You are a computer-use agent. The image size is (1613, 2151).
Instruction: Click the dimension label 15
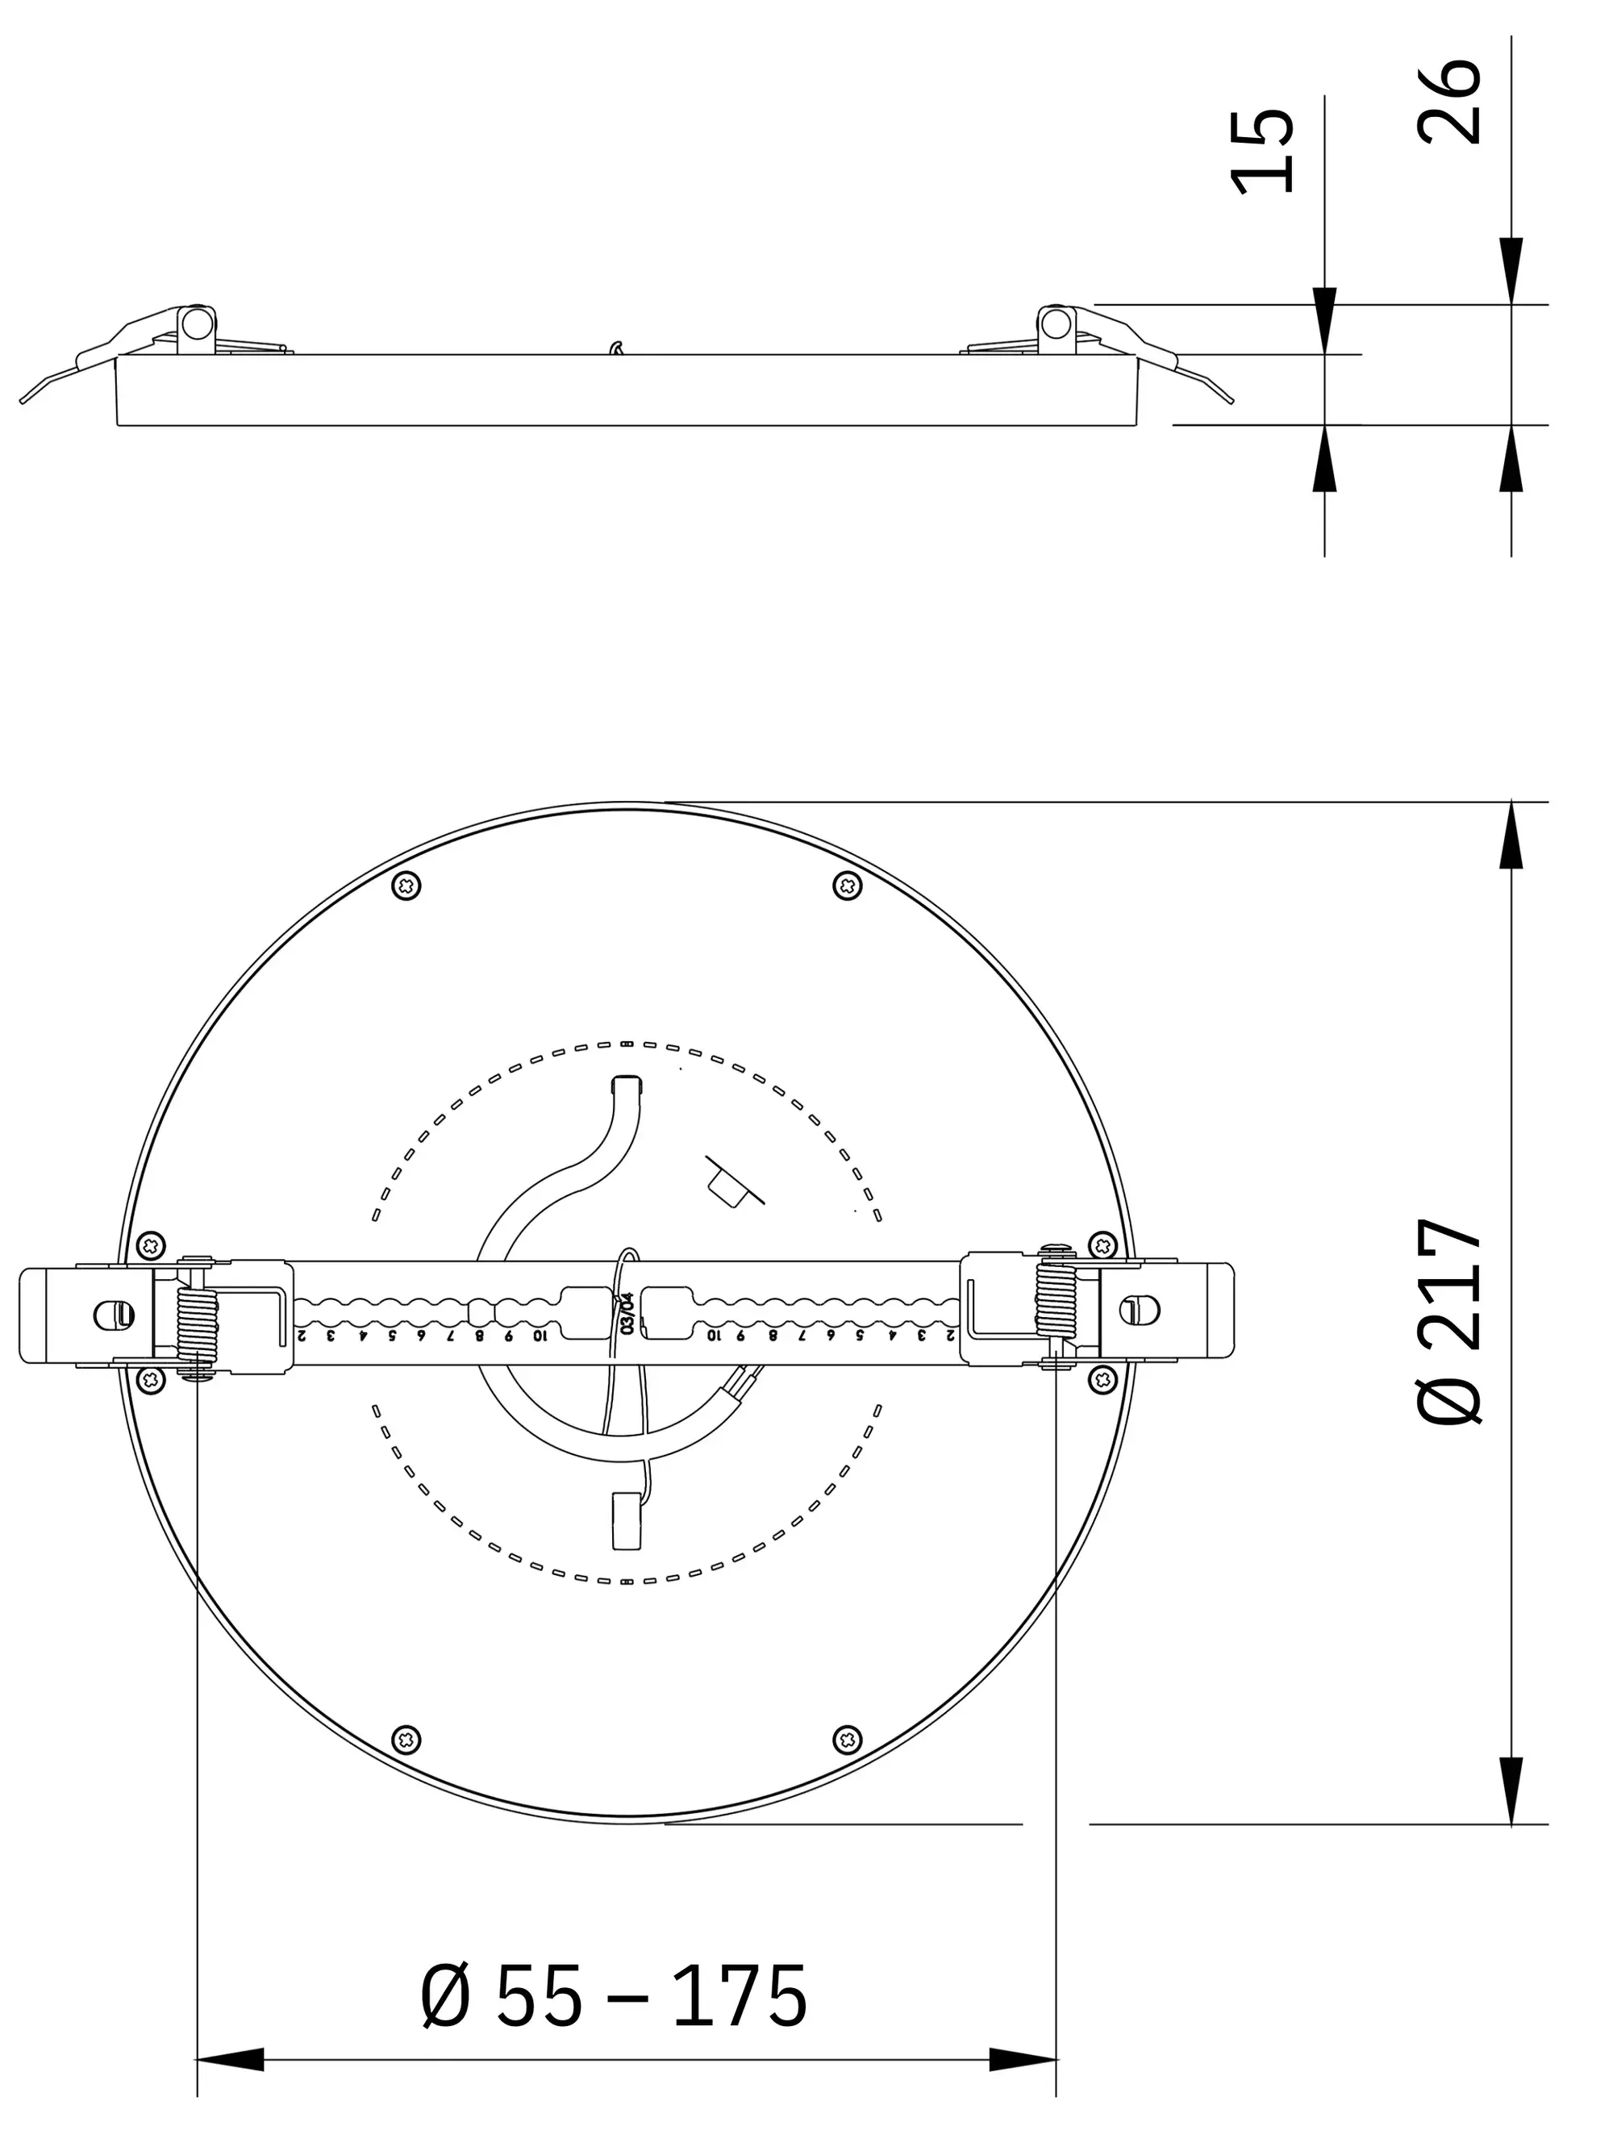(1262, 152)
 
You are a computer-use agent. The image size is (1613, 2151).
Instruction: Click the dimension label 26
(1448, 102)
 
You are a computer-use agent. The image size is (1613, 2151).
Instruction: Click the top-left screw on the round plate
(406, 886)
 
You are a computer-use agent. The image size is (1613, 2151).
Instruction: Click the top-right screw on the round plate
(848, 886)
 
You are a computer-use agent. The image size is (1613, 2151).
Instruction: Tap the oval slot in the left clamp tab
(114, 1315)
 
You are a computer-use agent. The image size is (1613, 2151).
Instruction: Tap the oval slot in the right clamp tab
(1139, 1311)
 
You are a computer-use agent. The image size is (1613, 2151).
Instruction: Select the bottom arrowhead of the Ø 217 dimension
(1511, 1791)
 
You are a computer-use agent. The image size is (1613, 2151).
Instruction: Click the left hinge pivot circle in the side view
(198, 322)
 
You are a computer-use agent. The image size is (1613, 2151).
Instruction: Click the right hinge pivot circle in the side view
(1055, 322)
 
